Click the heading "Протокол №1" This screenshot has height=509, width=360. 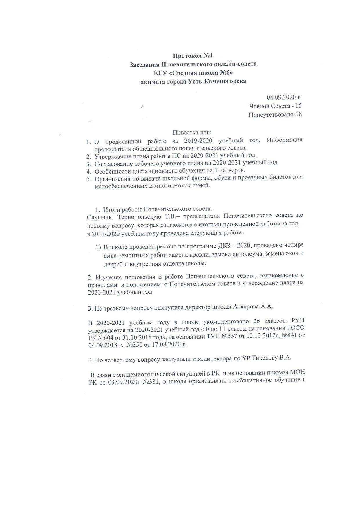tap(193, 55)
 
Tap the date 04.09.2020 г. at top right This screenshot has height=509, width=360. tap(284, 97)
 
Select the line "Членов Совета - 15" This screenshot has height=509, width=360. tap(275, 106)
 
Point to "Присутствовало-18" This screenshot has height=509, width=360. tap(275, 114)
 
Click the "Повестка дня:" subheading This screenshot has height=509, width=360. tap(192, 133)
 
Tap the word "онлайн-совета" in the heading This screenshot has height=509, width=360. tap(235, 64)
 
